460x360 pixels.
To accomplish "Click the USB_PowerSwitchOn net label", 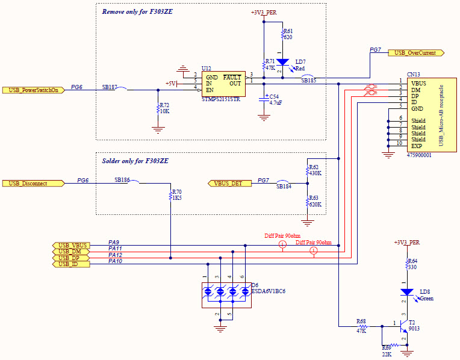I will (x=33, y=90).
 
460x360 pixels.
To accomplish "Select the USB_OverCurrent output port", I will (x=415, y=53).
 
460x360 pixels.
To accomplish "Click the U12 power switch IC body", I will (x=223, y=84).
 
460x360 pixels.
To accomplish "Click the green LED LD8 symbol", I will (x=408, y=292).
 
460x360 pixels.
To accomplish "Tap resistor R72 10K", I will (x=158, y=109).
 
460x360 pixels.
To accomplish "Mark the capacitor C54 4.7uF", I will (x=263, y=100).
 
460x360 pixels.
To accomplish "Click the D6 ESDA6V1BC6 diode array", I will (x=226, y=292).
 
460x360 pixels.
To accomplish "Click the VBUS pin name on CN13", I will (x=419, y=82).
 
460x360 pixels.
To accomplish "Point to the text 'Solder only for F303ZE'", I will (x=135, y=161).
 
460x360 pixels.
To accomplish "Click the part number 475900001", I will (x=420, y=155).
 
